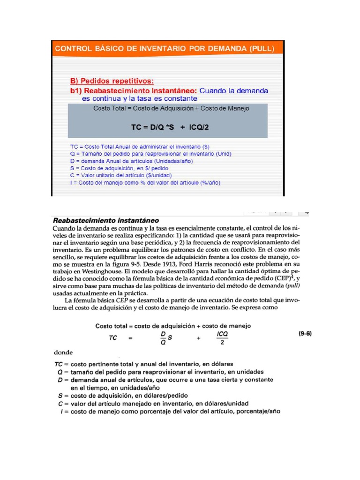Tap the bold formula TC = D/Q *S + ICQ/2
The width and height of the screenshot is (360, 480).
170,127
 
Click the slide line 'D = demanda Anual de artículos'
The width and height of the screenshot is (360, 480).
131,161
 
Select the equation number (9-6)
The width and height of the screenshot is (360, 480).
305,334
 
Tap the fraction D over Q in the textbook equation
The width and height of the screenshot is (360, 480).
164,337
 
